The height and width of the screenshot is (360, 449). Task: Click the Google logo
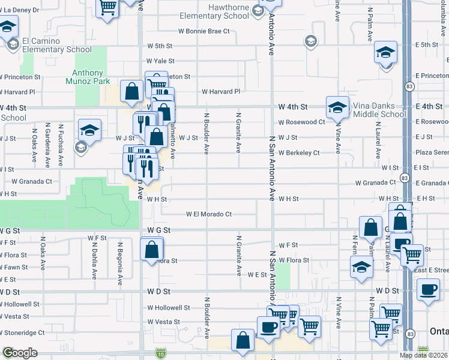click(19, 353)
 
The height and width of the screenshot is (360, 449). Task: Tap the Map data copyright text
click(424, 355)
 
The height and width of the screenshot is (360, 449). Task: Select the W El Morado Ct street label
click(209, 214)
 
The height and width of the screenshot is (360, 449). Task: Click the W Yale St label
click(160, 61)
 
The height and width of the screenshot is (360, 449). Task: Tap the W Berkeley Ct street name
click(298, 153)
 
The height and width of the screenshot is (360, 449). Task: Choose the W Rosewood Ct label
click(301, 122)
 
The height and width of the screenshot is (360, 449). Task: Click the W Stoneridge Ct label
click(22, 332)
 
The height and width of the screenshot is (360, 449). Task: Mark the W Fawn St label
click(14, 268)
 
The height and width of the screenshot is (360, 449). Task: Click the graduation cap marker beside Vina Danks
click(337, 107)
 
